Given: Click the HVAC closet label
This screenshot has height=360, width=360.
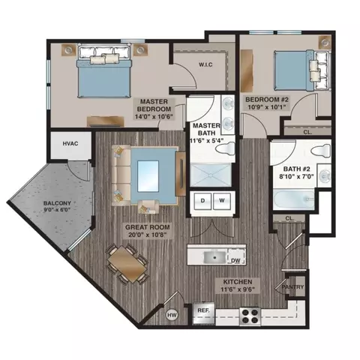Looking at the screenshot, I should (x=70, y=142).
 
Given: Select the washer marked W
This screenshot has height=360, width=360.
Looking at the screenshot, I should (x=222, y=201).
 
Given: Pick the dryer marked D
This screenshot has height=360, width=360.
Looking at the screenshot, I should (x=202, y=201).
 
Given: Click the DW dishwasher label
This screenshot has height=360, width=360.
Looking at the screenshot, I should (x=235, y=260).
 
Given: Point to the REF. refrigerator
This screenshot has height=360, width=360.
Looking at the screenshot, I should (x=202, y=310).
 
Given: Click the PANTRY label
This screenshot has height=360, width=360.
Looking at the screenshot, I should (x=292, y=286).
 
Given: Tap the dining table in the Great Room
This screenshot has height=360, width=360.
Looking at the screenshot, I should (x=127, y=263).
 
